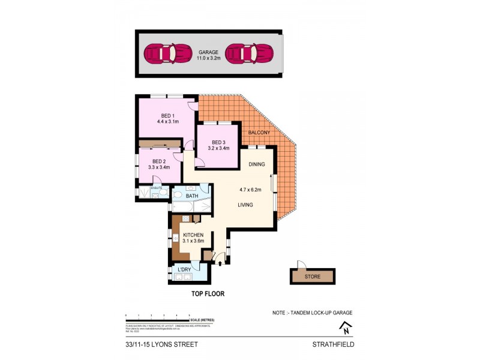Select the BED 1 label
[x=167, y=116]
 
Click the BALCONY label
[x=260, y=132]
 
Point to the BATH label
[x=192, y=196]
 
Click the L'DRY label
[x=184, y=270]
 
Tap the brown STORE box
[x=312, y=277]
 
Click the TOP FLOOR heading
[x=208, y=294]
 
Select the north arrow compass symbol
[x=346, y=328]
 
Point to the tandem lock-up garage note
[x=311, y=313]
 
